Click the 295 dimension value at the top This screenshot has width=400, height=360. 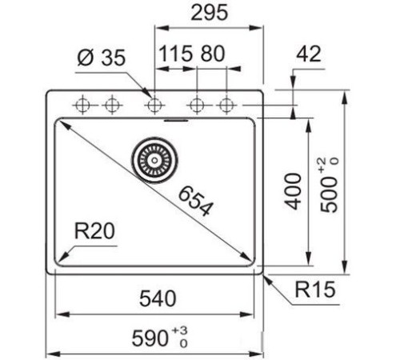point(210,13)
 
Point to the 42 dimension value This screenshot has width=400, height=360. point(307,54)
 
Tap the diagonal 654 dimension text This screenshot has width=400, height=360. point(194,201)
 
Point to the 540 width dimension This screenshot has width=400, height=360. point(157,300)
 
